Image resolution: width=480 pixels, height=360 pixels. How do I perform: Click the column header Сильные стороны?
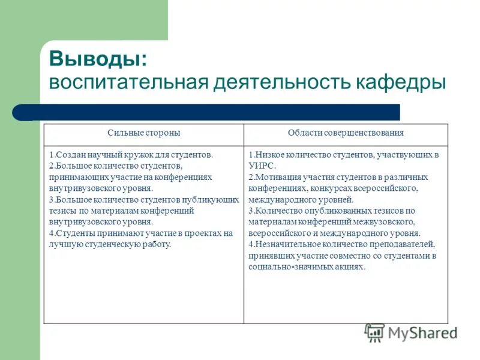point(143,133)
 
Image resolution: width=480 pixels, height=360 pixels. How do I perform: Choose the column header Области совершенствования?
point(346,133)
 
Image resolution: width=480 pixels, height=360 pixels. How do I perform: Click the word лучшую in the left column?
point(64,244)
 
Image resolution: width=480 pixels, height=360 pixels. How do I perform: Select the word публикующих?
point(205,200)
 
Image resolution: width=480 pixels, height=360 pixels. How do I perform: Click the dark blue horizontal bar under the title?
point(216,112)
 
